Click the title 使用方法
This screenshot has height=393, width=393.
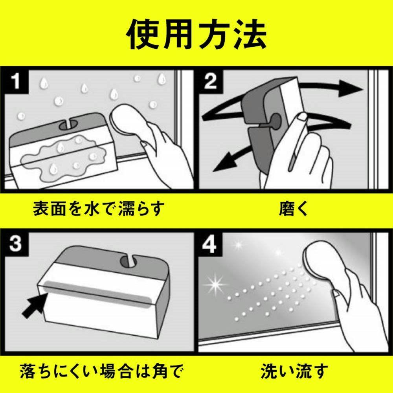click(x=196, y=34)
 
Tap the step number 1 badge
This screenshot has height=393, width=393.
click(x=16, y=82)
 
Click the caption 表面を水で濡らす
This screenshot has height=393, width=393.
click(x=99, y=209)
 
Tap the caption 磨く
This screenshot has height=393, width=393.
click(x=294, y=209)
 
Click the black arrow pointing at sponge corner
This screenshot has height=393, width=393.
click(x=35, y=305)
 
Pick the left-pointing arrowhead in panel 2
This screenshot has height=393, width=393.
click(x=226, y=163)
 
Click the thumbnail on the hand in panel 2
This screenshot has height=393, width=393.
click(x=302, y=116)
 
